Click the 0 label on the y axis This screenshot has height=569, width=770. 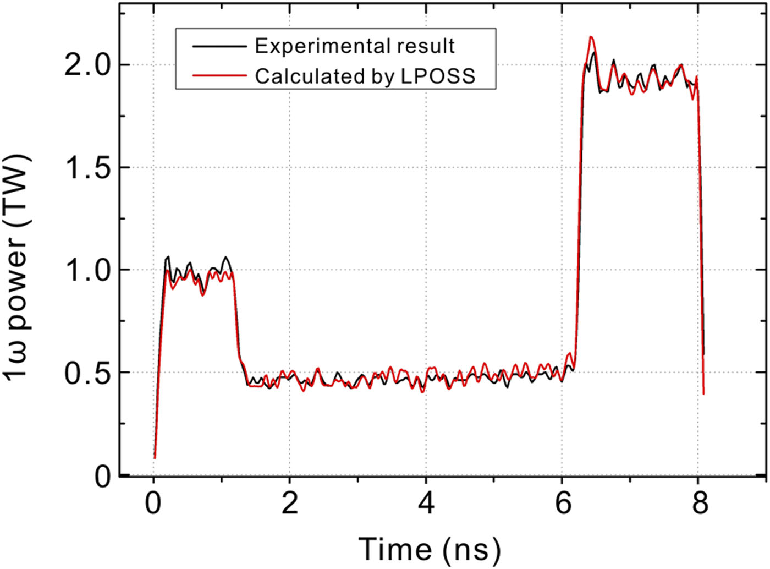click(x=102, y=476)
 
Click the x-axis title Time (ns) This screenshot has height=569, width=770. click(x=430, y=549)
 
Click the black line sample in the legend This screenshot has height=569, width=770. click(x=219, y=46)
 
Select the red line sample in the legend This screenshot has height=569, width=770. click(x=219, y=75)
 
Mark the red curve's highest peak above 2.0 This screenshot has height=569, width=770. click(x=591, y=37)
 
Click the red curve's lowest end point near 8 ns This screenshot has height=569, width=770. click(x=703, y=393)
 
